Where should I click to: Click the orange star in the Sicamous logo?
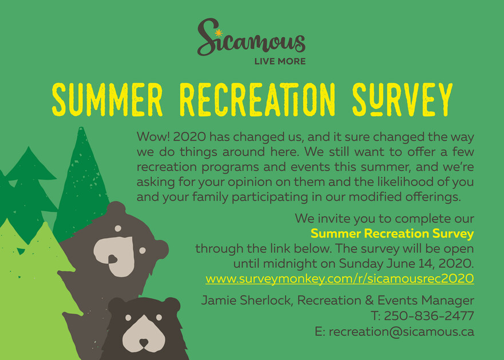click(219, 33)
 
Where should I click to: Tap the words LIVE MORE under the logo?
click(280, 61)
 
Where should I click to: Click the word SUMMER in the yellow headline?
click(108, 100)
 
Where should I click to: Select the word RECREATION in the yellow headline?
click(257, 100)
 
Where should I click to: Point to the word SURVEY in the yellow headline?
click(402, 100)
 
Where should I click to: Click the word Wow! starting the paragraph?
click(153, 137)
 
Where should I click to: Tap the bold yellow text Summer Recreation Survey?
click(392, 234)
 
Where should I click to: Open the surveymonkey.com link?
click(340, 279)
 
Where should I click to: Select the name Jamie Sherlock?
click(247, 300)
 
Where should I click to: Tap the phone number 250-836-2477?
click(429, 316)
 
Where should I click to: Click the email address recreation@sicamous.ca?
click(402, 331)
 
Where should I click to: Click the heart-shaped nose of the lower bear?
click(144, 342)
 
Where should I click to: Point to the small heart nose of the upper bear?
click(113, 258)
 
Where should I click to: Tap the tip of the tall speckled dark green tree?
click(81, 128)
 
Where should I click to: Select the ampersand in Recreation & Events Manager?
click(370, 300)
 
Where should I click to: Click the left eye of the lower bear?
click(128, 318)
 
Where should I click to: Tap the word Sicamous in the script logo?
click(251, 37)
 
